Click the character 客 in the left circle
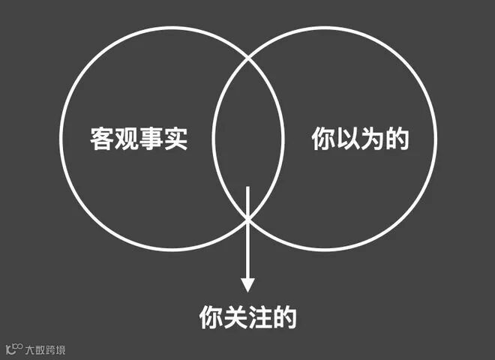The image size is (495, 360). pyautogui.click(x=103, y=139)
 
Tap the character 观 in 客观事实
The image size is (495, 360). pyautogui.click(x=127, y=139)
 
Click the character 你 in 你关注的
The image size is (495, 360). pyautogui.click(x=211, y=317)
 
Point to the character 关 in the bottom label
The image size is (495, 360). pyautogui.click(x=236, y=317)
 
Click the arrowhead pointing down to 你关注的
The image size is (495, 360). pyautogui.click(x=247, y=285)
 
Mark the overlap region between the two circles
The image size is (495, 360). pyautogui.click(x=247, y=139)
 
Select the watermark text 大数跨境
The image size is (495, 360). pyautogui.click(x=45, y=349)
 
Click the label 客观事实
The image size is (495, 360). pyautogui.click(x=139, y=139)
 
